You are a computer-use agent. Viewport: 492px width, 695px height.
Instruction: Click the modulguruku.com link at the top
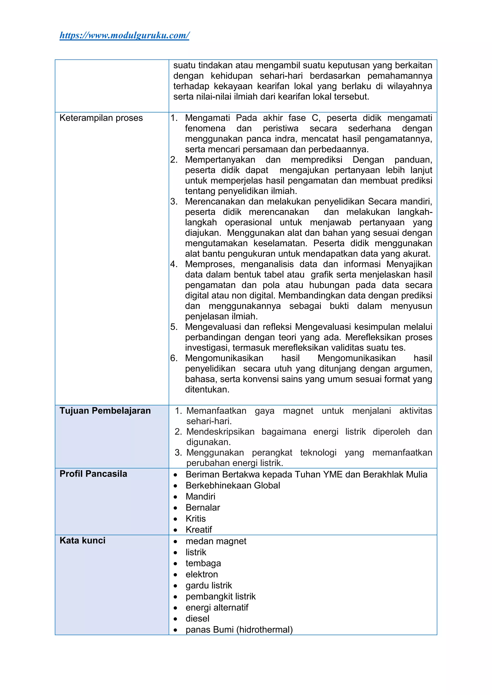pyautogui.click(x=124, y=36)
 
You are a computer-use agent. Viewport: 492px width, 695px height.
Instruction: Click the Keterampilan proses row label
pyautogui.click(x=101, y=118)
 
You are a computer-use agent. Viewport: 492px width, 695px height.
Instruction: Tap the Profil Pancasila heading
pyautogui.click(x=93, y=474)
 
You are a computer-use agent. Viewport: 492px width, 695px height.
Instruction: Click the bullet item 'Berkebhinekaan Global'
pyautogui.click(x=233, y=485)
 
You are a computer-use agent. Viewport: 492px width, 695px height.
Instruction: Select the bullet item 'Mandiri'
pyautogui.click(x=200, y=497)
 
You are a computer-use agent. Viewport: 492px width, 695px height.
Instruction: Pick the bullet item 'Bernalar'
pyautogui.click(x=203, y=508)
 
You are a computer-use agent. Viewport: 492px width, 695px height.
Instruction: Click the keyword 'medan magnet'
pyautogui.click(x=216, y=541)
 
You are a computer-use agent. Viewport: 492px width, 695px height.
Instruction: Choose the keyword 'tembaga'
pyautogui.click(x=203, y=563)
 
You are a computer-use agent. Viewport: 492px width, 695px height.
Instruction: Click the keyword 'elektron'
pyautogui.click(x=202, y=574)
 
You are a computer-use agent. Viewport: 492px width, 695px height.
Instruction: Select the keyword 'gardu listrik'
pyautogui.click(x=209, y=585)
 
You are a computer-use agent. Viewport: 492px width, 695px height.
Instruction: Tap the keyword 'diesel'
pyautogui.click(x=197, y=618)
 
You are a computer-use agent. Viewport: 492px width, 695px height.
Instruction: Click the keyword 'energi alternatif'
pyautogui.click(x=217, y=607)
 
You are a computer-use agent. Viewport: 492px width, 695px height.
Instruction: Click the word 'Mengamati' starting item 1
pyautogui.click(x=207, y=118)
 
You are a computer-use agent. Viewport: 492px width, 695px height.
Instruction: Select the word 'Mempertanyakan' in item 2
pyautogui.click(x=220, y=160)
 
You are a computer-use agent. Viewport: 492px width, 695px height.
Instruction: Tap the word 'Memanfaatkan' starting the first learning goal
pyautogui.click(x=216, y=411)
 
